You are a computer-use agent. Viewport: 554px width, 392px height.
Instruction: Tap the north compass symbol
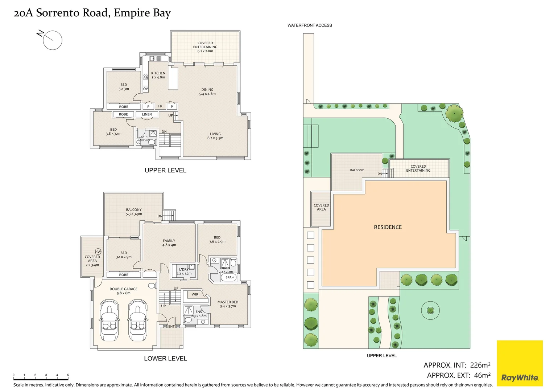coord(52,40)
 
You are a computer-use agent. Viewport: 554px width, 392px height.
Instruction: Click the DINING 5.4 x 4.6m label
coord(207,91)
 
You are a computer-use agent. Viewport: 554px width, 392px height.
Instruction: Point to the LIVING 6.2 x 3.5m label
coord(215,136)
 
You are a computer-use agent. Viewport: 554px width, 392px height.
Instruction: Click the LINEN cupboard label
coord(147,114)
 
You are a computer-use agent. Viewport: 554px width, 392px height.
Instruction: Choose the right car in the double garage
coord(138,320)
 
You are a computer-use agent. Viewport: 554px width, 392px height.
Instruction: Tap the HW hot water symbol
coord(98,252)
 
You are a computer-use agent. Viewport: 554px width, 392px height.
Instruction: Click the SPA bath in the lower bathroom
coord(229,277)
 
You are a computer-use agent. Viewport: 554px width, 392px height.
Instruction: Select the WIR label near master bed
coord(195,294)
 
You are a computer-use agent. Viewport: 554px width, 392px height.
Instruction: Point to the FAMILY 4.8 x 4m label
coord(169,242)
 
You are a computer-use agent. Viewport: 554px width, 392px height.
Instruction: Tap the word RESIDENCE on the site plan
coord(388,227)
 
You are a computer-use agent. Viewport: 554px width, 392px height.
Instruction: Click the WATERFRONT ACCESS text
coord(310,25)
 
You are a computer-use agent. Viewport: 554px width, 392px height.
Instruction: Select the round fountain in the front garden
coord(430,310)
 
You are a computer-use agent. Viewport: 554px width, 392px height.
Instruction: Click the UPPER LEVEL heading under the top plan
coord(165,170)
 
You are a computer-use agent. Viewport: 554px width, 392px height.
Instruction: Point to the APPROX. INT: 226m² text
coord(457,365)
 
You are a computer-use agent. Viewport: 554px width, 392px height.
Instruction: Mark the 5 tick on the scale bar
coord(68,375)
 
